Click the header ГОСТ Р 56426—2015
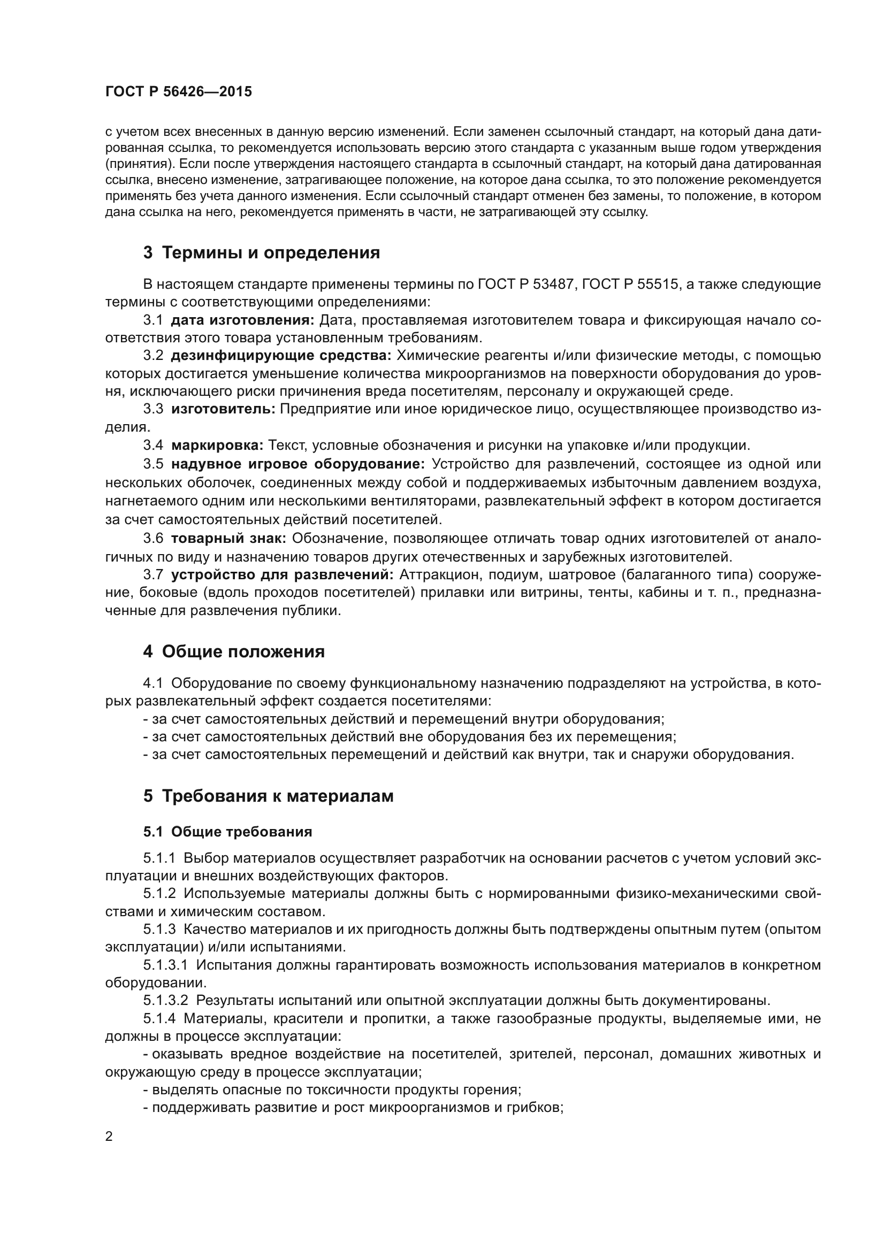click(x=178, y=91)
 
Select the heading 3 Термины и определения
click(x=262, y=253)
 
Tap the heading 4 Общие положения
click(x=234, y=651)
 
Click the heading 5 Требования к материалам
click(x=268, y=796)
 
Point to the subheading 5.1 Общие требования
click(x=228, y=832)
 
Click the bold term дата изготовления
click(x=242, y=320)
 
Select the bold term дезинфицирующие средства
click(x=281, y=356)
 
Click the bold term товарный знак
click(x=228, y=539)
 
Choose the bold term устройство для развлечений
click(x=283, y=574)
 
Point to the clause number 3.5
click(x=153, y=464)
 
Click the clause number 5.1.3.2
click(x=166, y=1001)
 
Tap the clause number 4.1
click(x=153, y=683)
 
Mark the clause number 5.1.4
click(x=159, y=1018)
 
